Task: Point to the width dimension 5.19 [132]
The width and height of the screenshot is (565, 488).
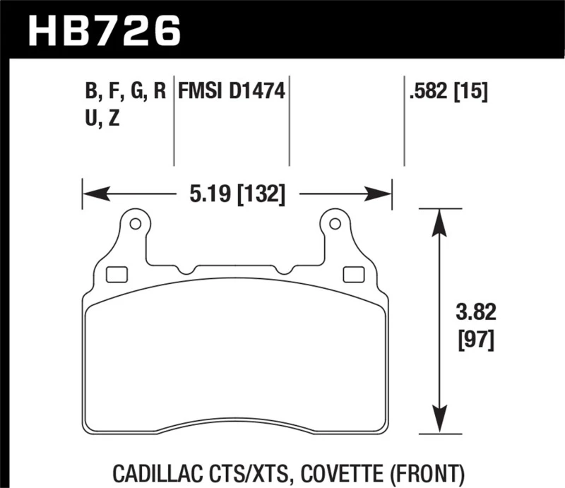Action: (237, 194)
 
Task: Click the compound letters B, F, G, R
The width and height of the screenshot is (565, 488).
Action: (124, 90)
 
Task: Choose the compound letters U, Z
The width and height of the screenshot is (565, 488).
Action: (101, 119)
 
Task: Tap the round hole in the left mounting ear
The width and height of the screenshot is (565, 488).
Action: (136, 225)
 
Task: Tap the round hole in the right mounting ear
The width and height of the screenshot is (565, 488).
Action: (334, 225)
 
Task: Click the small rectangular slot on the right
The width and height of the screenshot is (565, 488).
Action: (350, 274)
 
